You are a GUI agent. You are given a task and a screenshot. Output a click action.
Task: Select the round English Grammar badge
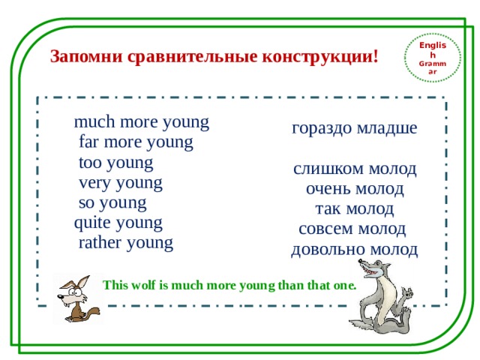[x=432, y=58]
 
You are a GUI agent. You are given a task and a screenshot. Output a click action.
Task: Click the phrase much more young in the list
[x=141, y=121]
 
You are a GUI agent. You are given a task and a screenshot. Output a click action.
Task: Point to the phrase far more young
[x=136, y=142]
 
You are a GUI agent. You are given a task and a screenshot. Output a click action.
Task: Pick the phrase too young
[x=115, y=162]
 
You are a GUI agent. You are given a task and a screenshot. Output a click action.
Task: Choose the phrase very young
[x=120, y=182]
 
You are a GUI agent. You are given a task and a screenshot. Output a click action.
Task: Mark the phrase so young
[x=112, y=202]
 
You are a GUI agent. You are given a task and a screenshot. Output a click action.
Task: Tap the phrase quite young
[x=118, y=223]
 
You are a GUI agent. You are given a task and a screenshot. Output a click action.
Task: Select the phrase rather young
[x=125, y=243]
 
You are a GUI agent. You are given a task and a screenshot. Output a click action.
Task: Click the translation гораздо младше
[x=354, y=128]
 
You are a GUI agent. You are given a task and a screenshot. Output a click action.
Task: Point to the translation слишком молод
[x=355, y=169]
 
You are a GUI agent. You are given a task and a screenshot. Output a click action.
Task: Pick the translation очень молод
[x=355, y=189]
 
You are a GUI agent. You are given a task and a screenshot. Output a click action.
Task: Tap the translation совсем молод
[x=352, y=229]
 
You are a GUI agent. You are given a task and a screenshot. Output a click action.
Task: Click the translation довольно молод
[x=354, y=249]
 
